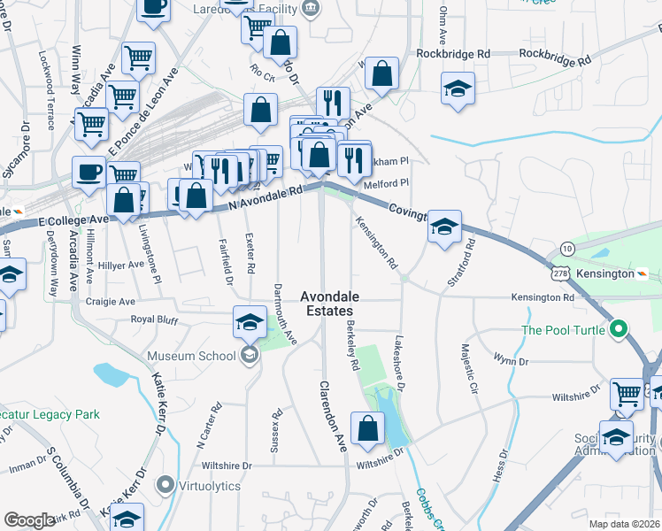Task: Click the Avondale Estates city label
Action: coord(326,304)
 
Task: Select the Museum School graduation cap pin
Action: coord(250,323)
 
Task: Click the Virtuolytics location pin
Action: coord(165,485)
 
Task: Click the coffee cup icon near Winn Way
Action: coord(89,171)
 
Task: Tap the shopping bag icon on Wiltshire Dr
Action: coord(367,428)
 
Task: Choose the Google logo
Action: coord(29,520)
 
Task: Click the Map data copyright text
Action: coord(625,524)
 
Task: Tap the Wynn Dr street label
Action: coord(511,361)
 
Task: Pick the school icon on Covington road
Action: coord(443,226)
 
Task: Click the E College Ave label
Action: coord(73,218)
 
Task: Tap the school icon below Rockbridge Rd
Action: coord(458,88)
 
